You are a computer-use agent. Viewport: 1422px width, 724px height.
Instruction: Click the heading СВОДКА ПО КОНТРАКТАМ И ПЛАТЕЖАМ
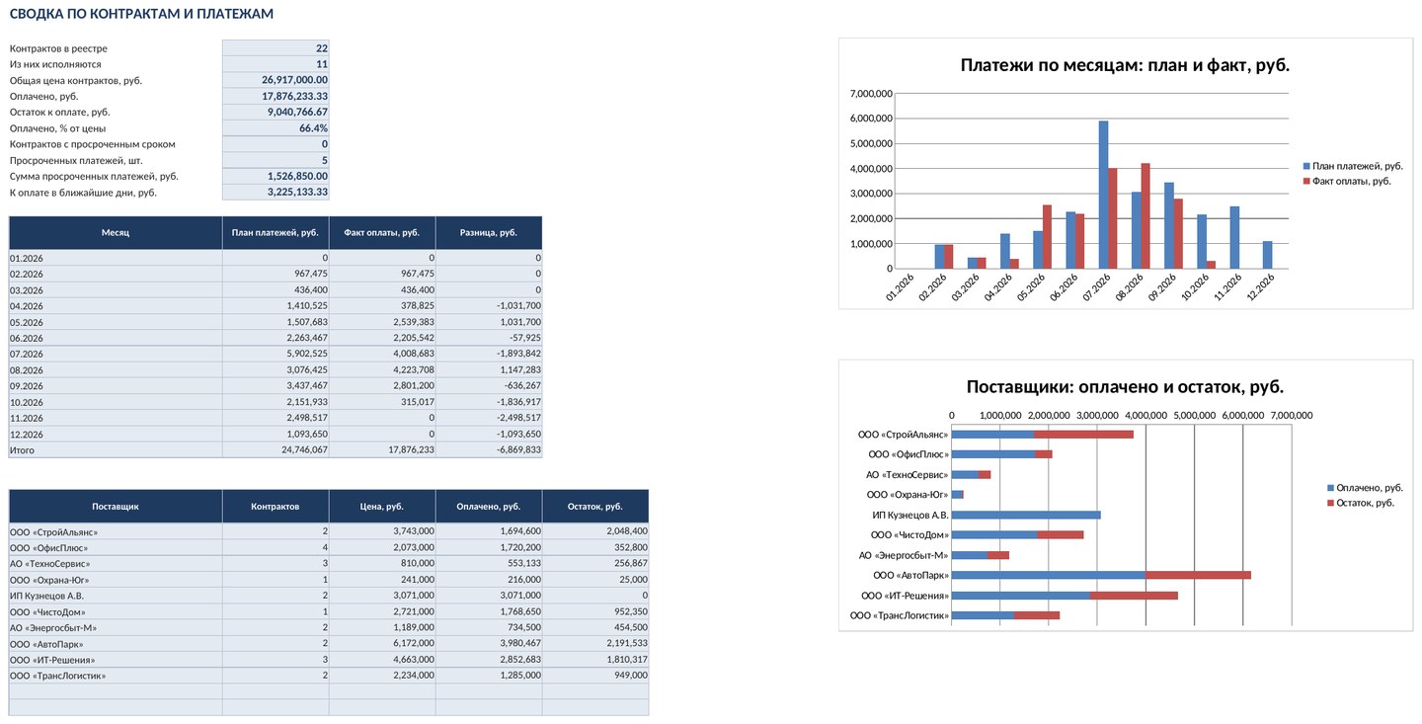pyautogui.click(x=141, y=14)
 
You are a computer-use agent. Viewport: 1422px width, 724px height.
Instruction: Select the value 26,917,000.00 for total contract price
pyautogui.click(x=294, y=80)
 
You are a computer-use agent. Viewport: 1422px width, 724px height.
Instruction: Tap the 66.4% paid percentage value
pyautogui.click(x=313, y=128)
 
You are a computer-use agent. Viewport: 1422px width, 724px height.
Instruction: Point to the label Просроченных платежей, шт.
pyautogui.click(x=76, y=161)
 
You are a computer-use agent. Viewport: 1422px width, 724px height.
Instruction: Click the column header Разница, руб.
pyautogui.click(x=488, y=232)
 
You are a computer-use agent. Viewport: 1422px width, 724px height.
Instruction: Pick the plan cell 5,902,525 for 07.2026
pyautogui.click(x=307, y=354)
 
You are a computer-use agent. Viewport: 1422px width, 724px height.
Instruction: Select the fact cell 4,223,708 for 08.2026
pyautogui.click(x=414, y=369)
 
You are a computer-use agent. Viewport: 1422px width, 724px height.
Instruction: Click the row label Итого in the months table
pyautogui.click(x=22, y=450)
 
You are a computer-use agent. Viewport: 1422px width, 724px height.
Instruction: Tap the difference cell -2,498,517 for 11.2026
pyautogui.click(x=518, y=418)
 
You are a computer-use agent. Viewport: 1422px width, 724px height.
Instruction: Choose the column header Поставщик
pyautogui.click(x=115, y=506)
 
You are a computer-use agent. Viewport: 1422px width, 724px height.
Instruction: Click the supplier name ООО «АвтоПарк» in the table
pyautogui.click(x=46, y=644)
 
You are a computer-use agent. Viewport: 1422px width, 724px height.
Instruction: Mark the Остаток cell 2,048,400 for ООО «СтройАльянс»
pyautogui.click(x=627, y=531)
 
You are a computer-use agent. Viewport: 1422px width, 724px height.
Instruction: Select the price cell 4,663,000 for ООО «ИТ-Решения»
pyautogui.click(x=414, y=660)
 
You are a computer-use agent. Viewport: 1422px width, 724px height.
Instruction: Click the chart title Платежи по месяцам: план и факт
pyautogui.click(x=1124, y=65)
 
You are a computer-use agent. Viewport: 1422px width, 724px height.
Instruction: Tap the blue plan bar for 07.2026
pyautogui.click(x=1103, y=195)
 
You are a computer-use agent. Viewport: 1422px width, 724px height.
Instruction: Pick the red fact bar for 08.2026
pyautogui.click(x=1145, y=216)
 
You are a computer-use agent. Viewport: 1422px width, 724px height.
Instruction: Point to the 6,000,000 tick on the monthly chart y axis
pyautogui.click(x=871, y=119)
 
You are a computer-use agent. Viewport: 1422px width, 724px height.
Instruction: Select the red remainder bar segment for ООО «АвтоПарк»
pyautogui.click(x=1198, y=576)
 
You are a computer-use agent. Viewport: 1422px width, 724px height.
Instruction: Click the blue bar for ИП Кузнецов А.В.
pyautogui.click(x=1026, y=515)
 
